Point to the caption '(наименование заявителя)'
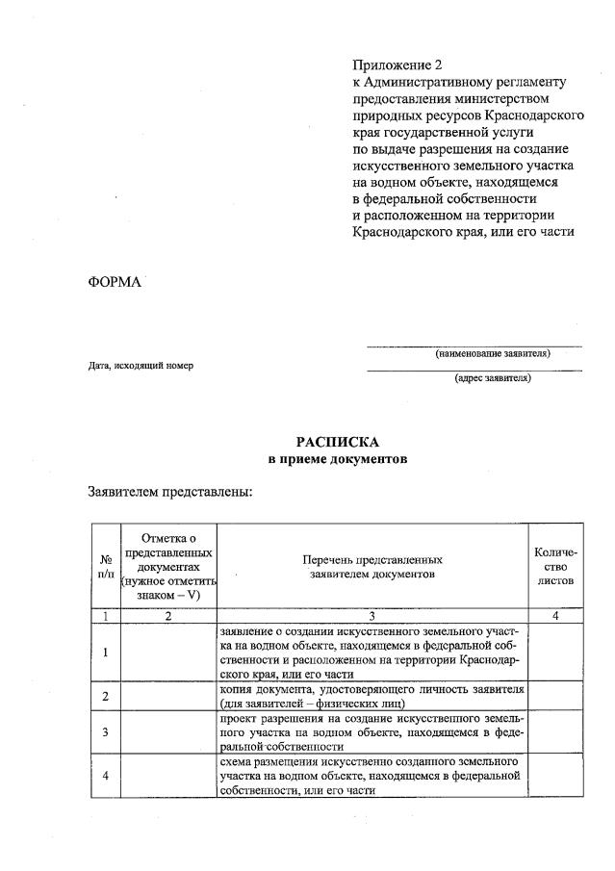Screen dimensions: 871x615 click(492, 354)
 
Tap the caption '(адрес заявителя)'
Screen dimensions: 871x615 click(492, 377)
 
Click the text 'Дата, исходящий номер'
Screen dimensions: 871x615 click(141, 366)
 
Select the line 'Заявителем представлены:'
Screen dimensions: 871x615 click(170, 492)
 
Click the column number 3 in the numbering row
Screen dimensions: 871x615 click(372, 616)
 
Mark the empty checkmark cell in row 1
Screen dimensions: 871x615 click(167, 653)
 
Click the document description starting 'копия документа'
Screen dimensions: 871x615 click(372, 696)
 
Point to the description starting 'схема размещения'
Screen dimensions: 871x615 click(372, 776)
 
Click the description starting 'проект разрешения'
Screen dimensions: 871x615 click(372, 732)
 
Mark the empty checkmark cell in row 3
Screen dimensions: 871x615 click(167, 732)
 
